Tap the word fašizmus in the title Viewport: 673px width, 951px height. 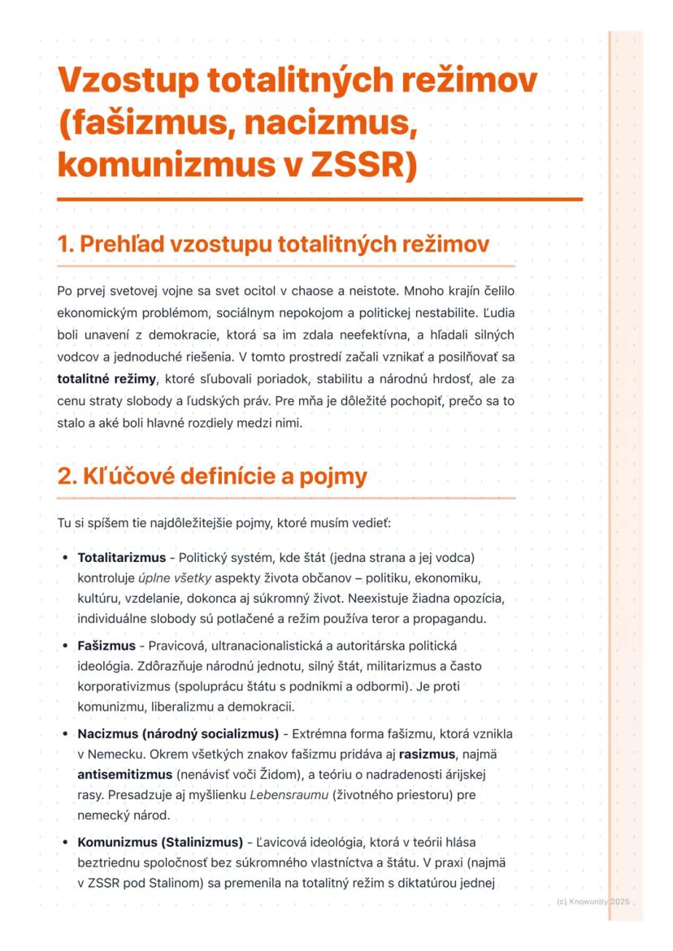coord(153,123)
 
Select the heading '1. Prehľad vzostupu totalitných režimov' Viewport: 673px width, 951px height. coord(273,244)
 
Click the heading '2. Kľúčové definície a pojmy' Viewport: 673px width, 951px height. coord(212,476)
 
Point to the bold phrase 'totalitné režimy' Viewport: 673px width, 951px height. coord(106,378)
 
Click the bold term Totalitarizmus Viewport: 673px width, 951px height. coord(121,558)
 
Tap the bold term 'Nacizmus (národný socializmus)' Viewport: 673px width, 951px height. coord(178,733)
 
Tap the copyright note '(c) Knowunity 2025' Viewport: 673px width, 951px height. coord(594,901)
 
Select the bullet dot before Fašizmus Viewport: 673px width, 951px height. coord(65,646)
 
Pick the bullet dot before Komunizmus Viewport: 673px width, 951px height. coord(65,841)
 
